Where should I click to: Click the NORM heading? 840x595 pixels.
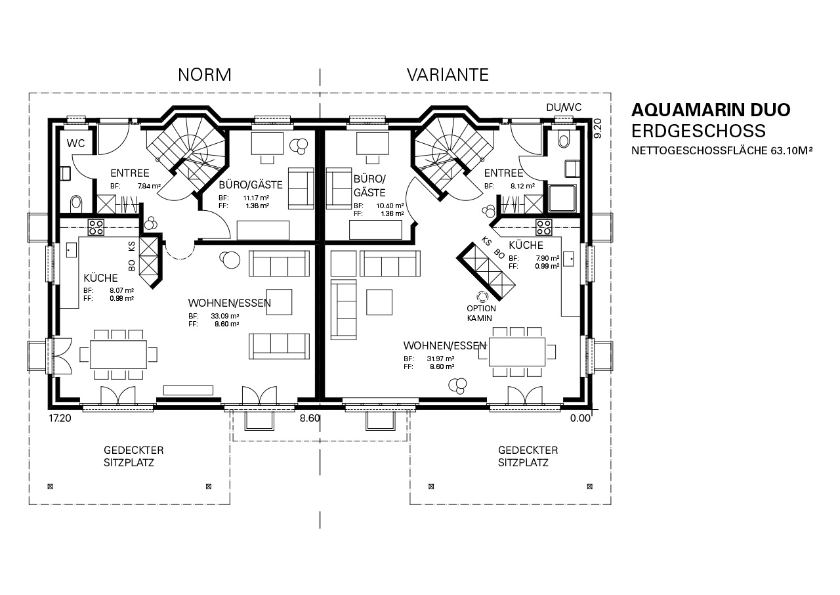[x=204, y=75]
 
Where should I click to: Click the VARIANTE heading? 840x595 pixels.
[x=448, y=75]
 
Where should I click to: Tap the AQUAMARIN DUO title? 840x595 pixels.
[x=711, y=110]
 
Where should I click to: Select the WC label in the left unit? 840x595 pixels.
[x=75, y=143]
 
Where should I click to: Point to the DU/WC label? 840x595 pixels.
[x=564, y=108]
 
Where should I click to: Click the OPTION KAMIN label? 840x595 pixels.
[x=481, y=313]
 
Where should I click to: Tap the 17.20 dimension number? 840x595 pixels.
[x=60, y=418]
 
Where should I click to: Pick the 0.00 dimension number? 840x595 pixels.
[x=580, y=418]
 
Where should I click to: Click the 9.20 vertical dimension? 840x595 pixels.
[x=598, y=128]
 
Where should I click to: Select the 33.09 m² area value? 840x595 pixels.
[x=225, y=316]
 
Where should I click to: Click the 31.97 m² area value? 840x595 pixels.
[x=440, y=359]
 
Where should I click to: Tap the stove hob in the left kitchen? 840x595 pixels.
[x=96, y=227]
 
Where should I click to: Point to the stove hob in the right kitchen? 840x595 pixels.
[x=544, y=227]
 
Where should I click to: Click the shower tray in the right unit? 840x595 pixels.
[x=562, y=198]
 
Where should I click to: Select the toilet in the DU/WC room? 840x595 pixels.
[x=563, y=139]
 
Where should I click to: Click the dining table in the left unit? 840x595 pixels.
[x=119, y=355]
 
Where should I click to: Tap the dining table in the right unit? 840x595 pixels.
[x=517, y=352]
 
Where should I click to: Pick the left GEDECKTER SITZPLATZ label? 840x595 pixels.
[x=133, y=456]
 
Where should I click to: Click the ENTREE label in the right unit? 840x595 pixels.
[x=503, y=173]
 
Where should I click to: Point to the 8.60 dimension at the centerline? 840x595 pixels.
[x=309, y=418]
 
